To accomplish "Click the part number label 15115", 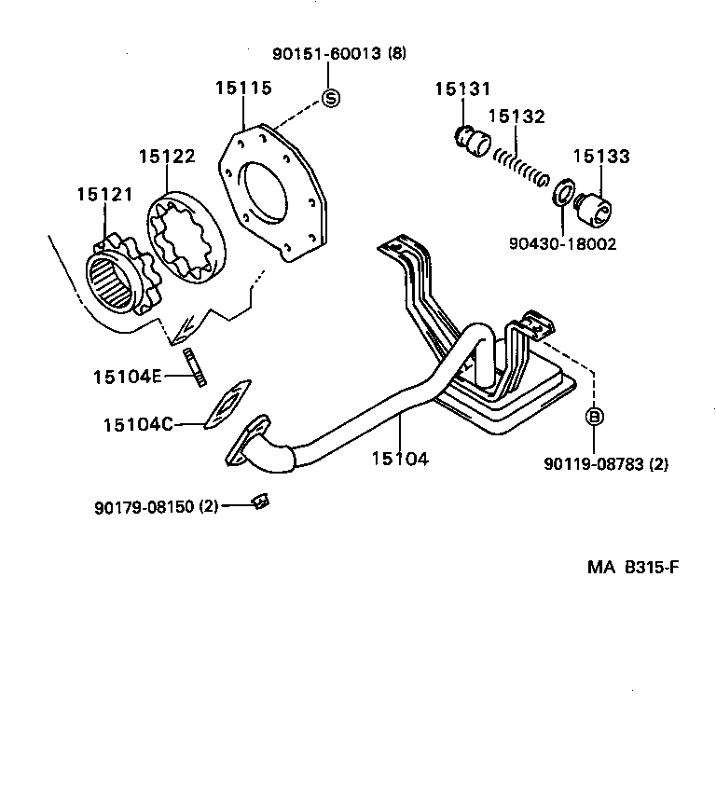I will [x=243, y=89].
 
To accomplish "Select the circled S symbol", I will [x=331, y=97].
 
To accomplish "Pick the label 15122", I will [x=167, y=157].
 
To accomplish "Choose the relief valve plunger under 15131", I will [x=475, y=141].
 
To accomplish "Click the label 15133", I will [x=600, y=158].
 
